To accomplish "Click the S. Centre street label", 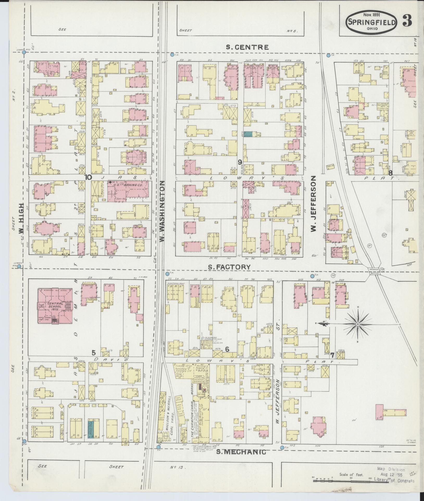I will tap(247, 47).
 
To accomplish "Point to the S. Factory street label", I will tap(229, 267).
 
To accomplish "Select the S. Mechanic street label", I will tap(241, 452).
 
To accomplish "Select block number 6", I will tap(227, 349).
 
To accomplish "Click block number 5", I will tap(93, 353).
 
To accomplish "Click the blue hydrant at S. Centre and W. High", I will tap(24, 52).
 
